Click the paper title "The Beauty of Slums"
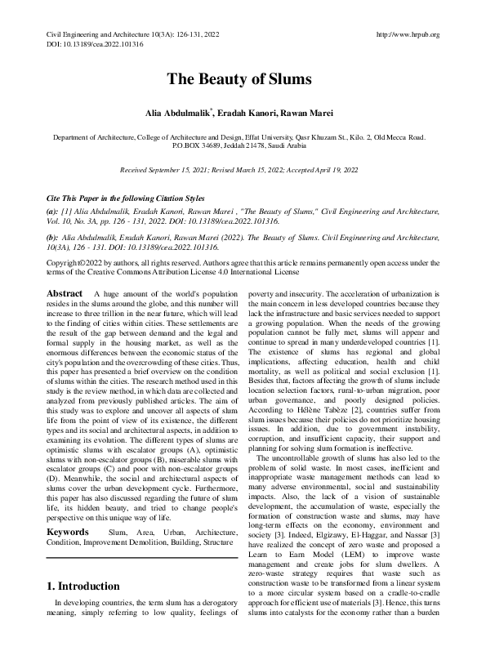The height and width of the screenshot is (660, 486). pos(243,80)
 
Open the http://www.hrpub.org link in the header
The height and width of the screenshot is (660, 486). pos(406,34)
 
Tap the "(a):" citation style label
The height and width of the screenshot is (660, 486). pos(52,211)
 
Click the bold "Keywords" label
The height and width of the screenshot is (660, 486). pos(68,486)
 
